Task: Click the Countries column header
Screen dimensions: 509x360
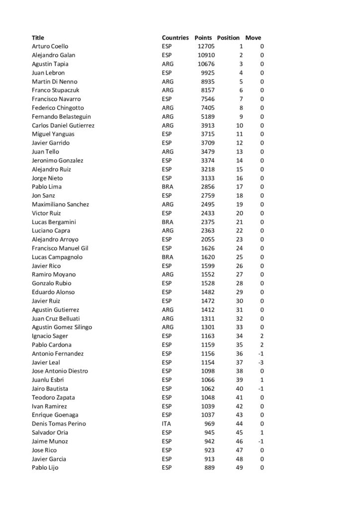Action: pos(175,38)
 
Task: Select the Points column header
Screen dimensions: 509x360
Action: pos(203,38)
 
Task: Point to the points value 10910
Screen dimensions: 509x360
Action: pos(206,55)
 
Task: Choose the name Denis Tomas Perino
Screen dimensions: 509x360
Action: pos(59,424)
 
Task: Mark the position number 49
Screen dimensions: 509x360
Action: pos(240,468)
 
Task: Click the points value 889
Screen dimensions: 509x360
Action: pos(209,468)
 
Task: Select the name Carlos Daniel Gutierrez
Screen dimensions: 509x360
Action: pos(63,125)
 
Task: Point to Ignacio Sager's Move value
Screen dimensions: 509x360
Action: pos(262,336)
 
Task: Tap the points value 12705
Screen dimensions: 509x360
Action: pos(206,46)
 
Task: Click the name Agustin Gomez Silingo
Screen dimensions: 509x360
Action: pos(62,327)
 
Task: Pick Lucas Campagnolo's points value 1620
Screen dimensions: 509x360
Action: pos(207,257)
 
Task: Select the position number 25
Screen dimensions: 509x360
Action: pos(240,257)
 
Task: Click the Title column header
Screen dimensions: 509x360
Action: pos(38,38)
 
